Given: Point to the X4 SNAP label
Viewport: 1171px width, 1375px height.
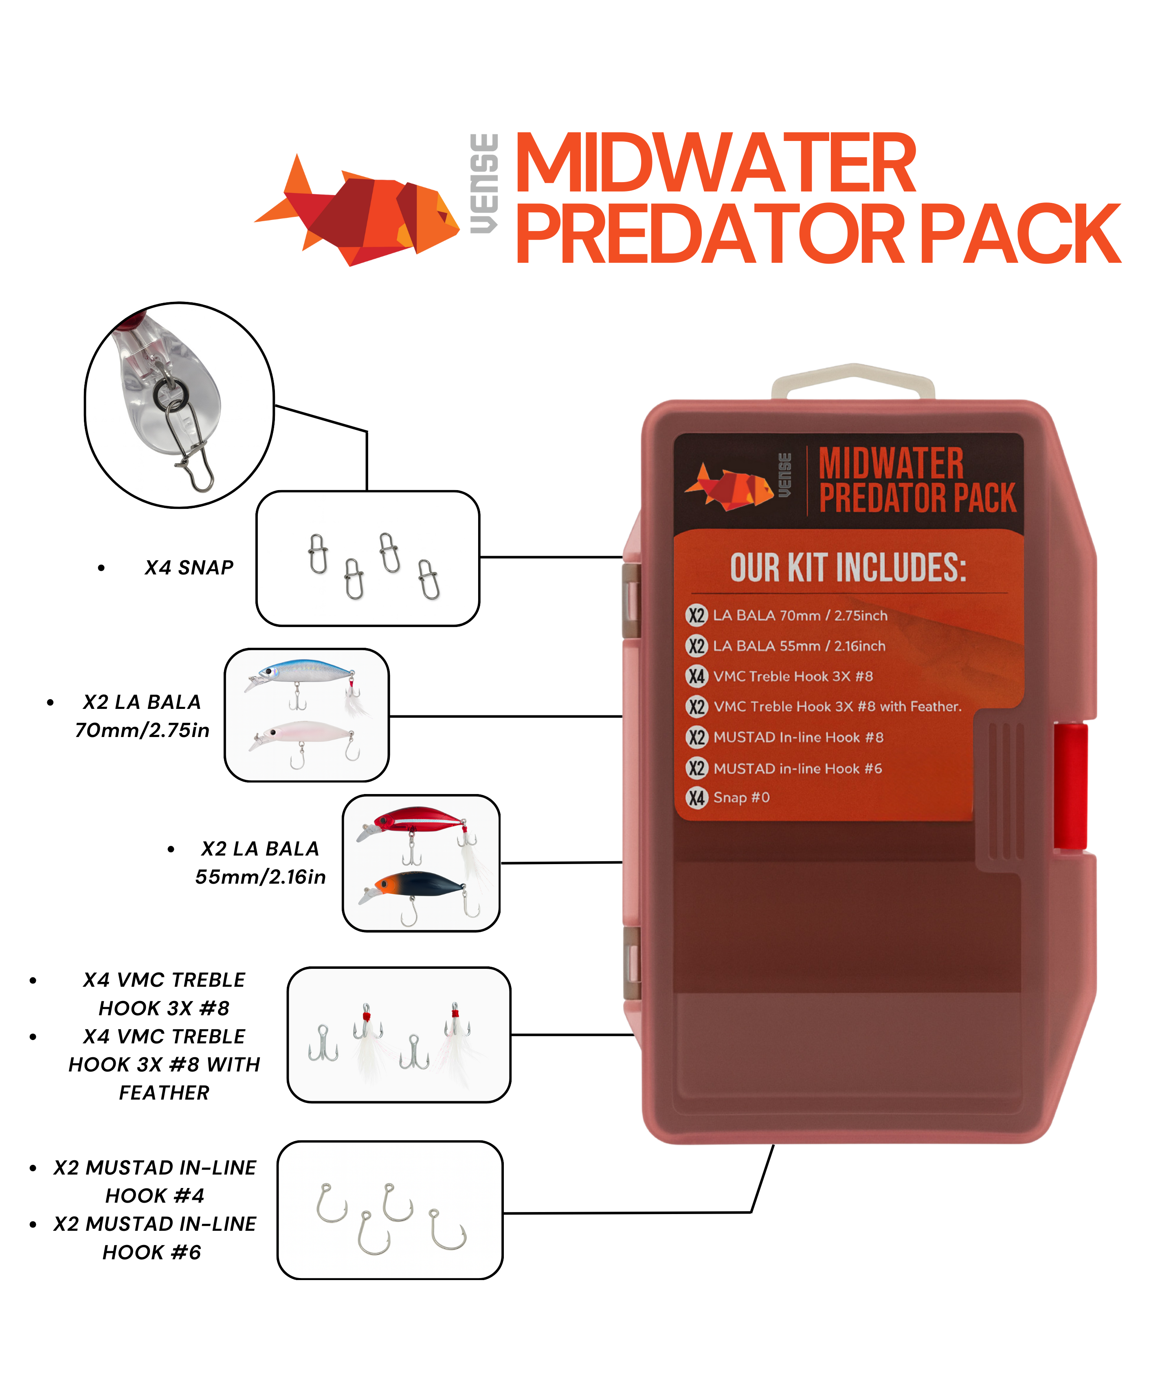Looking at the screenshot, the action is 189,568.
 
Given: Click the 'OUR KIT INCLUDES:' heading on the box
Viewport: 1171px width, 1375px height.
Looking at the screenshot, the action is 848,568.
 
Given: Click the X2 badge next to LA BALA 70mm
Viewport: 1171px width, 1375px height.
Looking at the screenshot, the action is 696,615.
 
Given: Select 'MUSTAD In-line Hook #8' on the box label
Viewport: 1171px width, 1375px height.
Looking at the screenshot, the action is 798,737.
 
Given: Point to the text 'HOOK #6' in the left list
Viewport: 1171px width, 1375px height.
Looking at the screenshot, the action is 152,1252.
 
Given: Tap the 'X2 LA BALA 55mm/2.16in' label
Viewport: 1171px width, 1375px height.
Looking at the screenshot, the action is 260,863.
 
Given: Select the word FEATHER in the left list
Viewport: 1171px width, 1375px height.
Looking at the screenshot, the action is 164,1092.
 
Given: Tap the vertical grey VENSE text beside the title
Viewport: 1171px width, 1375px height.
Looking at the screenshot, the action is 484,184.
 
